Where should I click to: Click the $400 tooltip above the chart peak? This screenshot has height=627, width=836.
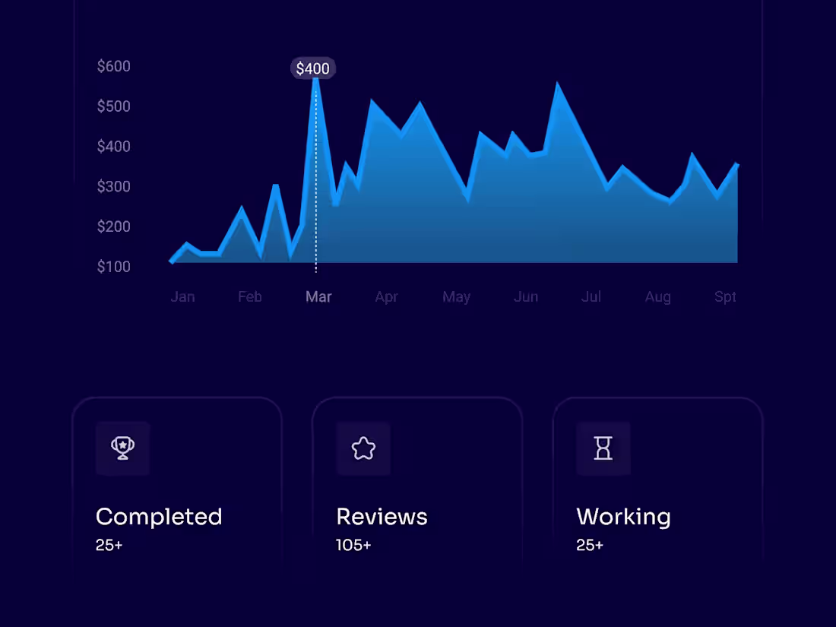(312, 68)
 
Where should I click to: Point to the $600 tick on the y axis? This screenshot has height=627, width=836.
(114, 66)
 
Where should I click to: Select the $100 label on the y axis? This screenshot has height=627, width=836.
(114, 267)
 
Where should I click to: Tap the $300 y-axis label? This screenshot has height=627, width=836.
(114, 186)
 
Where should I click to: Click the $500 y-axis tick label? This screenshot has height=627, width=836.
(114, 106)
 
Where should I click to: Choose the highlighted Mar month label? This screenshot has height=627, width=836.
(318, 296)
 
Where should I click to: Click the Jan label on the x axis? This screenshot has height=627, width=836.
(182, 296)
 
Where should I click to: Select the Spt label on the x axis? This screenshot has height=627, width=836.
(725, 296)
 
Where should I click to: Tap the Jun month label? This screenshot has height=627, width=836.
(526, 296)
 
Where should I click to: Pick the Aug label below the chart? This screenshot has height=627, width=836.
(658, 296)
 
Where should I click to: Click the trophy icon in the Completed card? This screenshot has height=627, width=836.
(123, 448)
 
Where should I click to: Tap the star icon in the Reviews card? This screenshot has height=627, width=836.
(363, 448)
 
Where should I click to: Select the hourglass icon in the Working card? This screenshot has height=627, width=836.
(603, 448)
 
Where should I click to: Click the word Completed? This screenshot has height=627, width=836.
(159, 517)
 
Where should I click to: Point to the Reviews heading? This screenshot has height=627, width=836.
(382, 517)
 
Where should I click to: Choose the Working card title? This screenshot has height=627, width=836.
(623, 517)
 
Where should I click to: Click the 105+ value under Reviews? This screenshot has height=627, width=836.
(353, 545)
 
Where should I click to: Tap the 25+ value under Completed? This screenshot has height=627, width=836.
(109, 545)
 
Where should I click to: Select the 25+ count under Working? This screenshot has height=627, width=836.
(590, 545)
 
